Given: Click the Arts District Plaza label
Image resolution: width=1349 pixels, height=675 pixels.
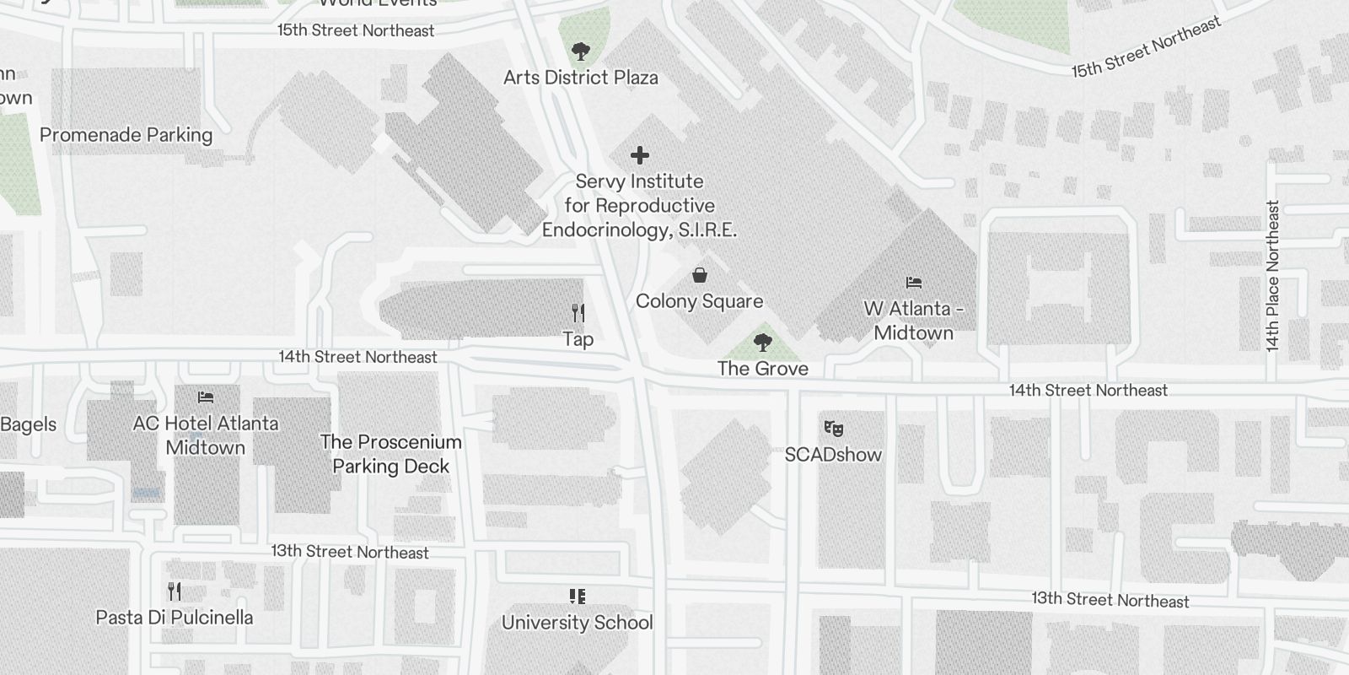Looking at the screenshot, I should point(580,78).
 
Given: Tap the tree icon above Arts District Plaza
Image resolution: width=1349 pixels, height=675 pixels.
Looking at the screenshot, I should point(580,51).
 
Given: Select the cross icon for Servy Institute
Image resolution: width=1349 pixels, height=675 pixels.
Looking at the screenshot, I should point(640,155).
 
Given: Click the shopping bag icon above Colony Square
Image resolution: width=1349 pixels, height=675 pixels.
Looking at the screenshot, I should point(699,275).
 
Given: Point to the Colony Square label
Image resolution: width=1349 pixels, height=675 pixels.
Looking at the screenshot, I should point(699,301).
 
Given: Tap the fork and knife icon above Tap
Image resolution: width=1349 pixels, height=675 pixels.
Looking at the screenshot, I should point(578,313).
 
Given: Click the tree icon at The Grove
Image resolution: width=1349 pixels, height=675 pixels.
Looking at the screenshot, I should point(763,342).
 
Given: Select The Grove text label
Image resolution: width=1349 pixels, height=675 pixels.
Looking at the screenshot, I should point(763,369).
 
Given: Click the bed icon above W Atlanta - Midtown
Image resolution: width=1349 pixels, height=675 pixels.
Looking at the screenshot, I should point(914,283).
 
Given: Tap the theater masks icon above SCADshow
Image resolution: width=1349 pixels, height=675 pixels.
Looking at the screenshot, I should point(833,429).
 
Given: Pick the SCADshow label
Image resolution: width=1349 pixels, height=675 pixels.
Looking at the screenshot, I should point(833,455).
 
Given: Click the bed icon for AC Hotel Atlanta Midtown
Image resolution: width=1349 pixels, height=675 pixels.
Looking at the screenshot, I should point(206,397).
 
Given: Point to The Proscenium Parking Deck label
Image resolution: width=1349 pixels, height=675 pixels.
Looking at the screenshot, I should point(391,454).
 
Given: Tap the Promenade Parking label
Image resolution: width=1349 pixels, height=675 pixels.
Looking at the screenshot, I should point(126,135).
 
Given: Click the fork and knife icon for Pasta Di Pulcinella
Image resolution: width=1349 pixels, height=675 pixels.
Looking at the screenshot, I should point(175,591).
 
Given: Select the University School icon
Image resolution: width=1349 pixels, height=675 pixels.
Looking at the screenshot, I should point(578,597).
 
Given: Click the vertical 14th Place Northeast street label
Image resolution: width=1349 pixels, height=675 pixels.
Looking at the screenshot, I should point(1273,276).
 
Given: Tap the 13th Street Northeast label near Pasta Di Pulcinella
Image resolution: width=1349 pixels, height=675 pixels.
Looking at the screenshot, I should point(350,552).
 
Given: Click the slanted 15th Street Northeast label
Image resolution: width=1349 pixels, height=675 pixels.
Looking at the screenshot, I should point(1147,47).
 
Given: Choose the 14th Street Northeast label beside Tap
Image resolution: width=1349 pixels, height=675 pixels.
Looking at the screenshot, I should point(358,357).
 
